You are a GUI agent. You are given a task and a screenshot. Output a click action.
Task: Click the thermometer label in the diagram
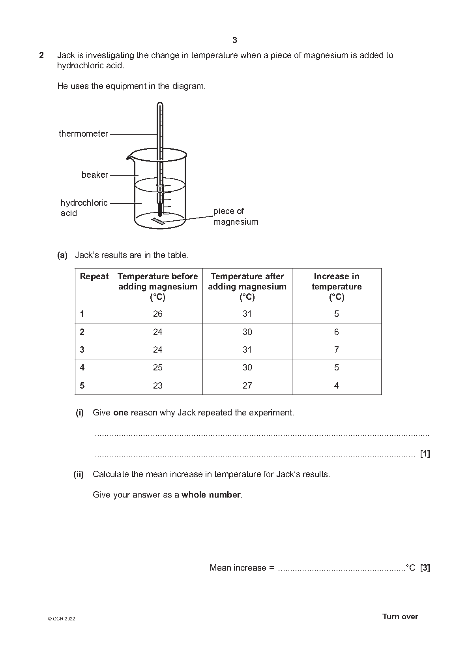click(x=83, y=134)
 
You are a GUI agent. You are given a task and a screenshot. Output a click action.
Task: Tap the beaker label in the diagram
click(x=95, y=175)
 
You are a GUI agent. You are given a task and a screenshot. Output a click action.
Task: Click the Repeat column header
click(x=94, y=276)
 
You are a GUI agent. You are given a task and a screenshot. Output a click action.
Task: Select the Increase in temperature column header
click(x=337, y=287)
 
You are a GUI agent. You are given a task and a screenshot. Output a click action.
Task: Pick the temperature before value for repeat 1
click(x=157, y=314)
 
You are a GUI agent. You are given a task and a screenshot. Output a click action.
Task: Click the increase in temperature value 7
click(x=337, y=350)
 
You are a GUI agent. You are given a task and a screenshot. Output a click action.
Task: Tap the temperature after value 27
click(x=247, y=386)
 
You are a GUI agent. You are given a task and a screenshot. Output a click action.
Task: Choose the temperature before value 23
click(x=157, y=386)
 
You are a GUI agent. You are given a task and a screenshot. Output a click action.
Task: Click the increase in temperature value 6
click(x=337, y=332)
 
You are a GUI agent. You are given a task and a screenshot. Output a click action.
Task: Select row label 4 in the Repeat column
click(x=82, y=368)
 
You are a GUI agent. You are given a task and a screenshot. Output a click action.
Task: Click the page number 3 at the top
click(x=235, y=40)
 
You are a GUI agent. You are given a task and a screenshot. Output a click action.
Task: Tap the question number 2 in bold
click(x=41, y=55)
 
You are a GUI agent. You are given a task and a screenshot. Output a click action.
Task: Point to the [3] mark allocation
click(x=425, y=568)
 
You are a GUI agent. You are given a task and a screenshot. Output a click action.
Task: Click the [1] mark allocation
click(x=425, y=454)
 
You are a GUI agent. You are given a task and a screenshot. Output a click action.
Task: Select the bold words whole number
click(x=211, y=495)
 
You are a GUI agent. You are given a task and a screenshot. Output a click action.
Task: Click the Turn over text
click(x=400, y=617)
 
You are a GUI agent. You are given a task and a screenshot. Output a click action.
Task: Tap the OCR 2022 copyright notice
click(x=61, y=619)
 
